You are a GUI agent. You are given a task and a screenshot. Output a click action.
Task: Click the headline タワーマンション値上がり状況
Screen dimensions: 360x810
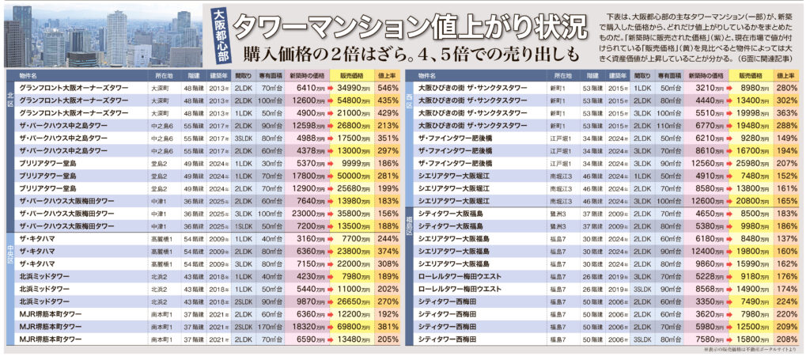click(x=411, y=24)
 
